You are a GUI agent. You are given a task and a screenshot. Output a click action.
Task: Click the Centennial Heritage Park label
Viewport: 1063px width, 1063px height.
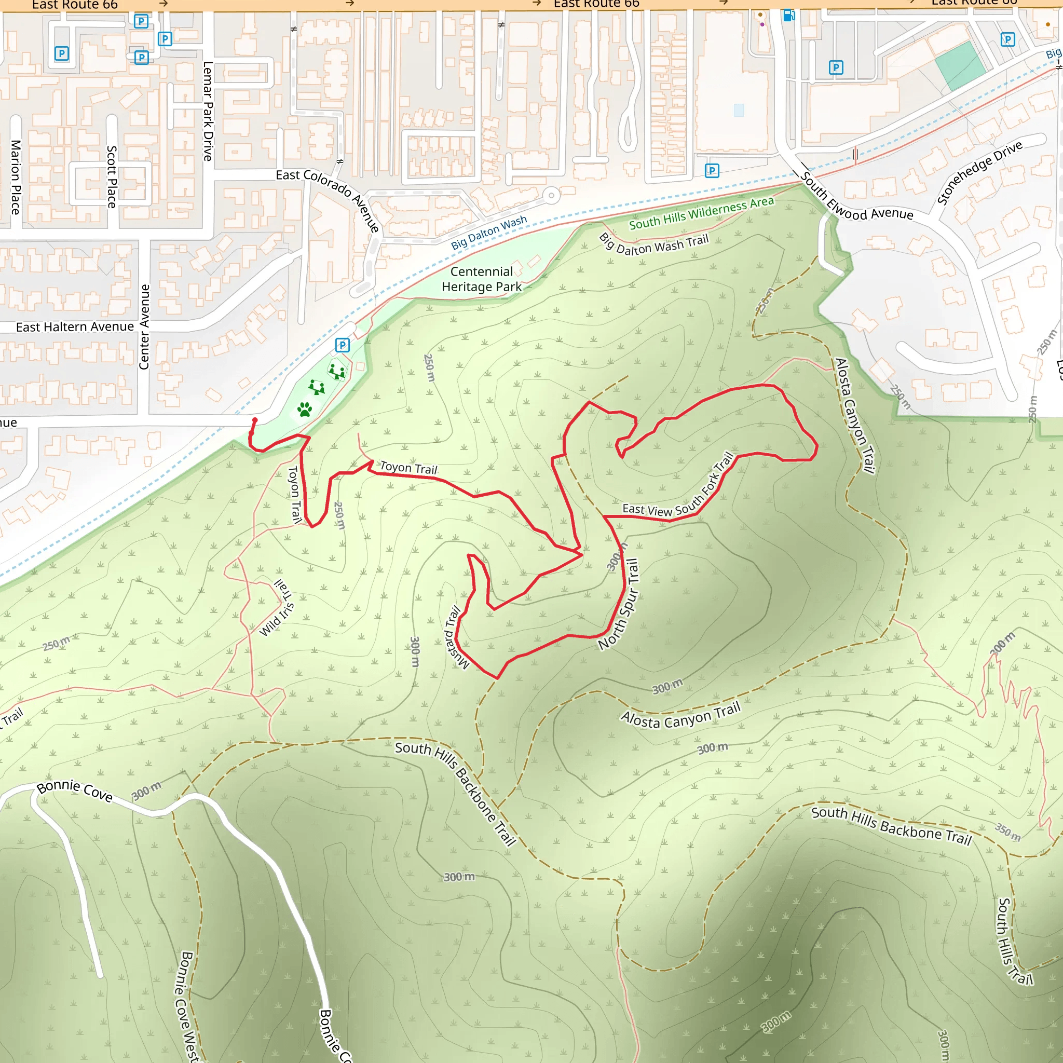pyautogui.click(x=482, y=279)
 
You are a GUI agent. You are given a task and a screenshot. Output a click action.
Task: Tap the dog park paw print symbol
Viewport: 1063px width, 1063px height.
pyautogui.click(x=304, y=409)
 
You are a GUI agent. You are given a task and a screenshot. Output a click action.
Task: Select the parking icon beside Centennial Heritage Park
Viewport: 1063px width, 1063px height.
pyautogui.click(x=342, y=345)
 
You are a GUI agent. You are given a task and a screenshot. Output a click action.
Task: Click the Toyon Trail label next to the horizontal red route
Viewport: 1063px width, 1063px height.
pyautogui.click(x=408, y=468)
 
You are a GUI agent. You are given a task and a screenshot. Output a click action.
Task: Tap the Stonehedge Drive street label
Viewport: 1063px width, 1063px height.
pyautogui.click(x=979, y=172)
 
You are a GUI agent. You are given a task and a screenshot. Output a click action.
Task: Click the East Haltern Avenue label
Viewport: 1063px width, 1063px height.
pyautogui.click(x=75, y=327)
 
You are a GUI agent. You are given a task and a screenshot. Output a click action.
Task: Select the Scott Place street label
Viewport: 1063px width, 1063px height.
pyautogui.click(x=112, y=176)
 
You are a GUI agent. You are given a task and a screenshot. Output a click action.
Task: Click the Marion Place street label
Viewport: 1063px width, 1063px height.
pyautogui.click(x=16, y=176)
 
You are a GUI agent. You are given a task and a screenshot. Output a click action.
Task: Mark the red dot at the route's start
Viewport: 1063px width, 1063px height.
pyautogui.click(x=255, y=420)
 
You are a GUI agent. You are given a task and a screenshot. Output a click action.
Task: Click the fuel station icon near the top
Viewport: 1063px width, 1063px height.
pyautogui.click(x=788, y=16)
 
